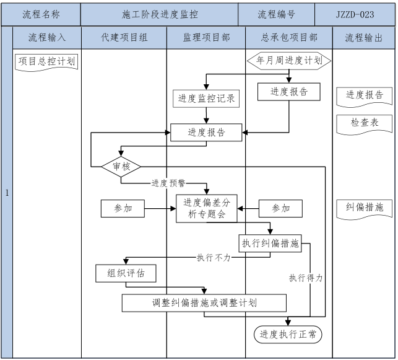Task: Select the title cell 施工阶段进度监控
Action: pyautogui.click(x=160, y=14)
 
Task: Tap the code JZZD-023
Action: pyautogui.click(x=356, y=14)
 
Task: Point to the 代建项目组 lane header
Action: pyautogui.click(x=124, y=38)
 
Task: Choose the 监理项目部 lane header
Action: pyautogui.click(x=206, y=38)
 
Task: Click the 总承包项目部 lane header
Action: pyautogui.click(x=289, y=38)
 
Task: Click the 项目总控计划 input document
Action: pyautogui.click(x=47, y=62)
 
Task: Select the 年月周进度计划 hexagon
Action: pyautogui.click(x=289, y=61)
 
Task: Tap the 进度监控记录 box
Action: pyautogui.click(x=207, y=98)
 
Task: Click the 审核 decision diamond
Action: pyautogui.click(x=121, y=167)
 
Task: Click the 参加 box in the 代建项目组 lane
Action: pyautogui.click(x=123, y=208)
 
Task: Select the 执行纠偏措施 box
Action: pyautogui.click(x=270, y=244)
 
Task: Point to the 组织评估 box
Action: pyautogui.click(x=125, y=273)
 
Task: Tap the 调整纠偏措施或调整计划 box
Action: pyautogui.click(x=204, y=303)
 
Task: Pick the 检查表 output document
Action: pyautogui.click(x=365, y=123)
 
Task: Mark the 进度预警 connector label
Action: pyautogui.click(x=169, y=183)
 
